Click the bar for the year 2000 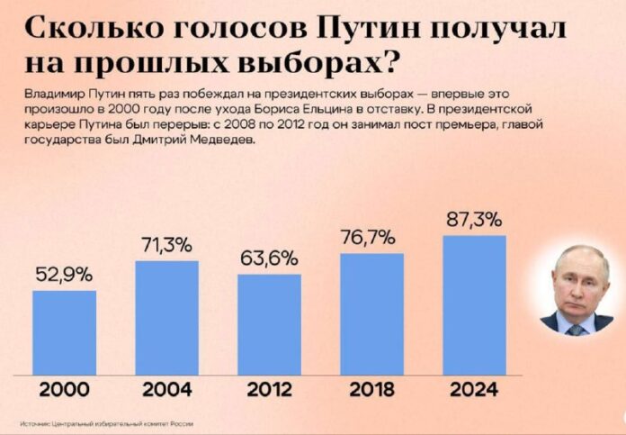pyautogui.click(x=64, y=332)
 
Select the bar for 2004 pyautogui.click(x=166, y=317)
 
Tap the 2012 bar pyautogui.click(x=269, y=324)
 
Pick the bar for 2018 pyautogui.click(x=371, y=313)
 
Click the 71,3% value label pyautogui.click(x=166, y=245)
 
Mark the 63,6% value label pyautogui.click(x=269, y=258)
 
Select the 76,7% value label pyautogui.click(x=368, y=238)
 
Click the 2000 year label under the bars pyautogui.click(x=64, y=390)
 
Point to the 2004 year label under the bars pyautogui.click(x=166, y=390)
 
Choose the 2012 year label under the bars pyautogui.click(x=269, y=390)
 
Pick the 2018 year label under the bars pyautogui.click(x=371, y=390)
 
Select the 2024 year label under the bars pyautogui.click(x=474, y=390)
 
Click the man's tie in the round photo pyautogui.click(x=575, y=329)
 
